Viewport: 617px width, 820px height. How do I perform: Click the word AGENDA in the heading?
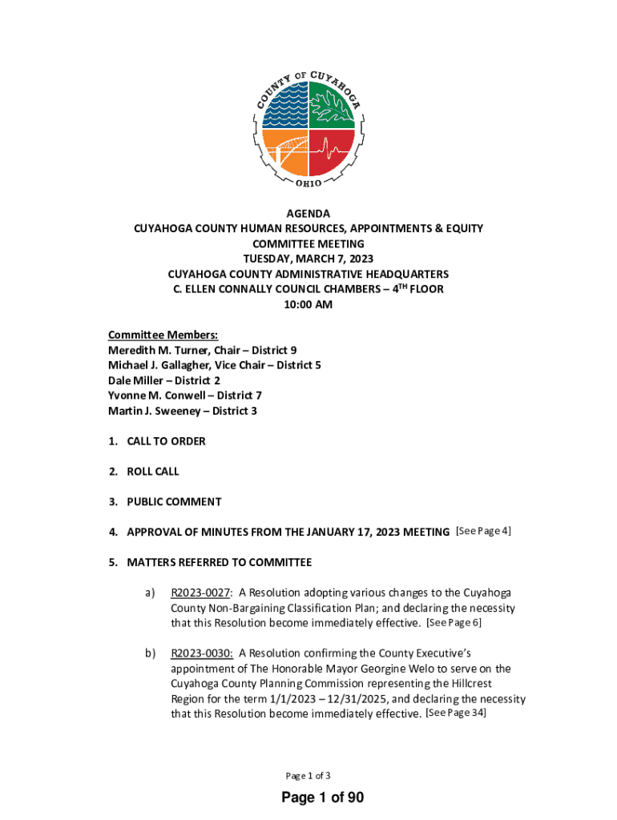(x=308, y=214)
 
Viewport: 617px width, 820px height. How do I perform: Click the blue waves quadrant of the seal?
(x=284, y=105)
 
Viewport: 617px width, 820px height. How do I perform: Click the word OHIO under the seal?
(x=308, y=183)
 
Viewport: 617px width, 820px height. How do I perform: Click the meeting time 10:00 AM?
(x=308, y=304)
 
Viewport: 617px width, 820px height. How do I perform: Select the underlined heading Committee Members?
(x=163, y=335)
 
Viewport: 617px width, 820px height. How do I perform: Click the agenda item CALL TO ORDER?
(x=166, y=441)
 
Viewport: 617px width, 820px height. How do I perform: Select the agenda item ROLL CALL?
(x=153, y=472)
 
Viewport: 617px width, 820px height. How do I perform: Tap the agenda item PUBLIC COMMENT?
(x=174, y=502)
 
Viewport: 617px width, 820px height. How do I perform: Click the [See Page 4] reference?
(x=483, y=531)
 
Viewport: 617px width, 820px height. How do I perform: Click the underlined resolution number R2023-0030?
(x=201, y=653)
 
